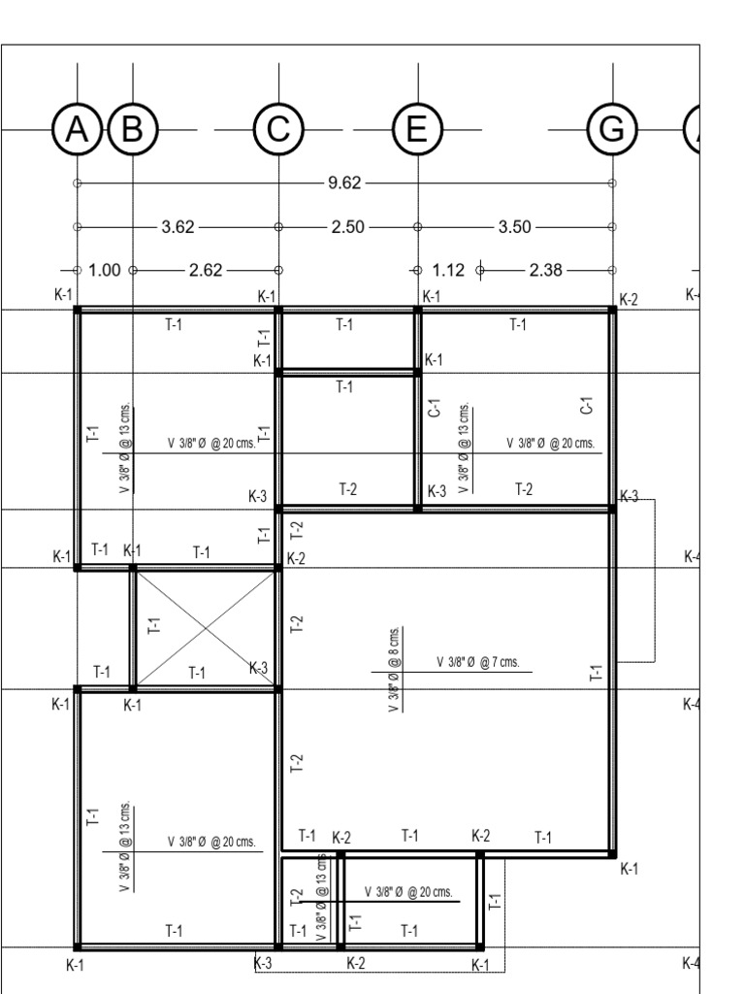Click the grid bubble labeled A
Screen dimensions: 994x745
[x=76, y=129]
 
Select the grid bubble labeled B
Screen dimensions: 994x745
[x=133, y=129]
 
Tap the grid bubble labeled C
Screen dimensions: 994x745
[x=278, y=129]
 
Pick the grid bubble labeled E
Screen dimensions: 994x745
[x=417, y=129]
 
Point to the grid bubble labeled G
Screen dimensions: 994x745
[x=612, y=129]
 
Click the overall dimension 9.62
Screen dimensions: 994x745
[x=345, y=182]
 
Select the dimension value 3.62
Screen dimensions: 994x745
[x=178, y=227]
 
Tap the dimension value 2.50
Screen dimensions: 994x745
[x=347, y=227]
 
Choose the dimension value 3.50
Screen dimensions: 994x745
[x=514, y=227]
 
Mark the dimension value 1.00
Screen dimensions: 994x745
[x=105, y=271]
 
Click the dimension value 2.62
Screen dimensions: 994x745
[x=206, y=271]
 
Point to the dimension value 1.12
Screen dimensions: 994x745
[x=449, y=271]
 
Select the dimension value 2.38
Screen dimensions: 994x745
[x=546, y=271]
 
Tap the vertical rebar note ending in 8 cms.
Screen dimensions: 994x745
[x=395, y=670]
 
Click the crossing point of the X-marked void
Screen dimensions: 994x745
[x=206, y=628]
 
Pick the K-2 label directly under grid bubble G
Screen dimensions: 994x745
[x=629, y=299]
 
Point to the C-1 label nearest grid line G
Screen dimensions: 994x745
[x=585, y=406]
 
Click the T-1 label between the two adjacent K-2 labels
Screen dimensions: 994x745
[x=410, y=836]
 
